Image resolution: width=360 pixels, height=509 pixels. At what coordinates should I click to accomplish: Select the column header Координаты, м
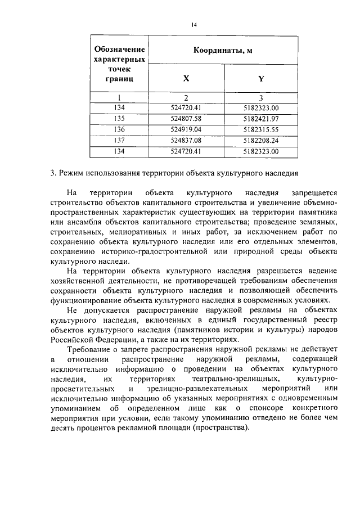[223, 51]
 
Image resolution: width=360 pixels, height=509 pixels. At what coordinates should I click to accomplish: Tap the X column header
[186, 79]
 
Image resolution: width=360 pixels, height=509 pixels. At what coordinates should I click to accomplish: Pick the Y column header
[261, 79]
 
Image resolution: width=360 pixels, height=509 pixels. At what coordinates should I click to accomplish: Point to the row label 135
[119, 119]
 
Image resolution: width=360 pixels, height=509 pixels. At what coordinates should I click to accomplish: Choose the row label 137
[119, 140]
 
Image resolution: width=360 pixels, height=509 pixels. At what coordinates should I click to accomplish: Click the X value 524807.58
[186, 119]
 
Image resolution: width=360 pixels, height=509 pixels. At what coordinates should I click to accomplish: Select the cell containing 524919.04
[186, 129]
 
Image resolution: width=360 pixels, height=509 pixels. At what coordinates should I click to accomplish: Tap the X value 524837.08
[186, 140]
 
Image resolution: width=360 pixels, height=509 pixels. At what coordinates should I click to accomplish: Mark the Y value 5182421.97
[261, 119]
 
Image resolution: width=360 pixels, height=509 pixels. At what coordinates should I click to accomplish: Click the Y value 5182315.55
[261, 129]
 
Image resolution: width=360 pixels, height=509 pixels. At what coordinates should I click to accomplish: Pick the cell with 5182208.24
[261, 140]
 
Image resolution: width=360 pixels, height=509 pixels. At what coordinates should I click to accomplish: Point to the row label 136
[119, 129]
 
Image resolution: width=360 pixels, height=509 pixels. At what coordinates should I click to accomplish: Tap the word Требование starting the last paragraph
[90, 349]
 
